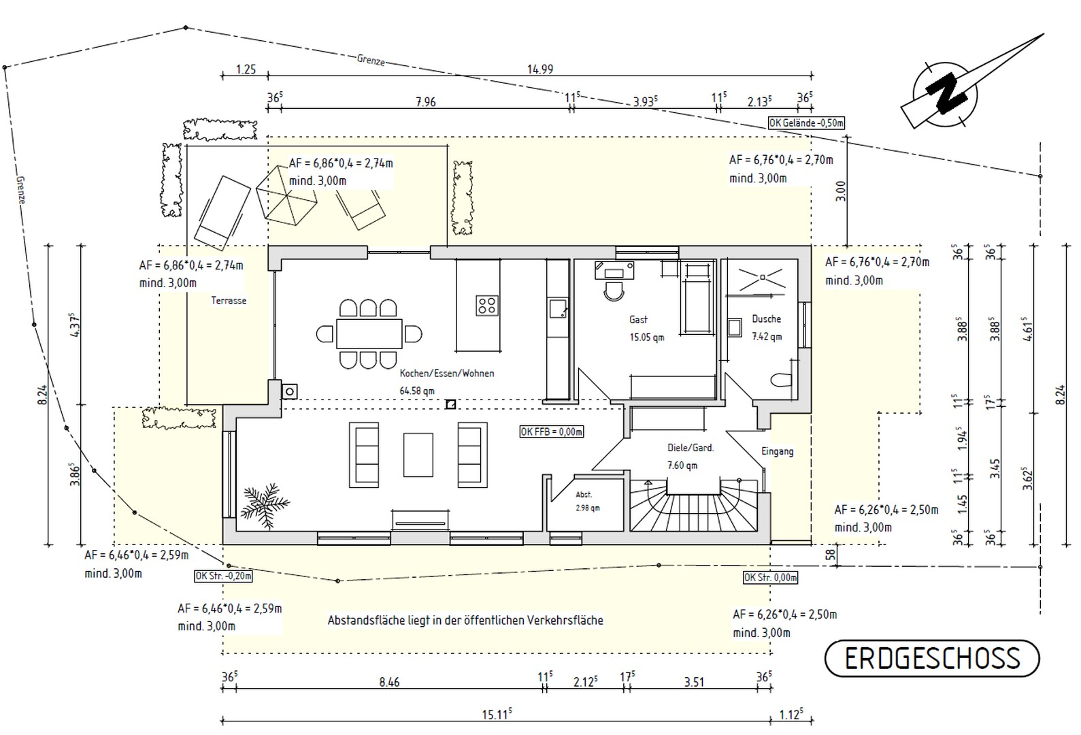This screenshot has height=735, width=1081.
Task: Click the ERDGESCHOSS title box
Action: [x=932, y=658]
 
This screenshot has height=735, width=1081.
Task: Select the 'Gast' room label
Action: [x=638, y=320]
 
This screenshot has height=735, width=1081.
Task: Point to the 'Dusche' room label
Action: [x=766, y=318]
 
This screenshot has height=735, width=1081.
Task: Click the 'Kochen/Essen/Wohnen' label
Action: [x=447, y=374]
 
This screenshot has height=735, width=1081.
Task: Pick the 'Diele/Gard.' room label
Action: [x=691, y=448]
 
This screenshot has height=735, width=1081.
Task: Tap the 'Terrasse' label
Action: [x=229, y=300]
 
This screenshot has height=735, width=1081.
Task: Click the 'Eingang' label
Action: [x=778, y=451]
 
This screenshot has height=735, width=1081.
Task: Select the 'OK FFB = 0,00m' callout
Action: [x=552, y=431]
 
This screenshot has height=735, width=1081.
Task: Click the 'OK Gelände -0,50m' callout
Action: [x=806, y=123]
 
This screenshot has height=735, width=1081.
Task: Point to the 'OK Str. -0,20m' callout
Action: [x=223, y=576]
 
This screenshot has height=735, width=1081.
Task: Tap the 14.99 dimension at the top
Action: [x=540, y=69]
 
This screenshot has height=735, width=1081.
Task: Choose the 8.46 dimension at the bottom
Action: [x=389, y=682]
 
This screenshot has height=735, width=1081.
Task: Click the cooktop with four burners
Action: [x=486, y=305]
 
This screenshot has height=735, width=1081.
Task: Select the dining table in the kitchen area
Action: [x=369, y=333]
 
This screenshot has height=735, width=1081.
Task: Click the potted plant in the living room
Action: [x=265, y=505]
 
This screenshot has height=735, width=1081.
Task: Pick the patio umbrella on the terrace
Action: [x=286, y=195]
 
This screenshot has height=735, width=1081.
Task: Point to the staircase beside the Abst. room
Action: [x=693, y=505]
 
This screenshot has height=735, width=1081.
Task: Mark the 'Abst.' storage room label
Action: [x=584, y=495]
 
